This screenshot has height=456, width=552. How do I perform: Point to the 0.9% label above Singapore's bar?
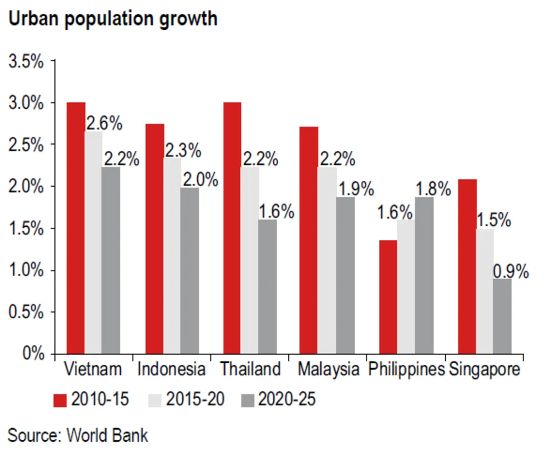[x=510, y=272]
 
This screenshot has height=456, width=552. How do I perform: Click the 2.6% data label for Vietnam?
[x=104, y=123]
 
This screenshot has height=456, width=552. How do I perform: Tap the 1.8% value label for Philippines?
[x=433, y=189]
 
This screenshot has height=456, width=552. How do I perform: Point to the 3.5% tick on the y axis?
[x=25, y=61]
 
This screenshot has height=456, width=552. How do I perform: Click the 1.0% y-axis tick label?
[x=25, y=270]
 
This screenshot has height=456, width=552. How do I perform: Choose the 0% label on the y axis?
[x=32, y=354]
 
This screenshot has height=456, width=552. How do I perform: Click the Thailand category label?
[x=250, y=370]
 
